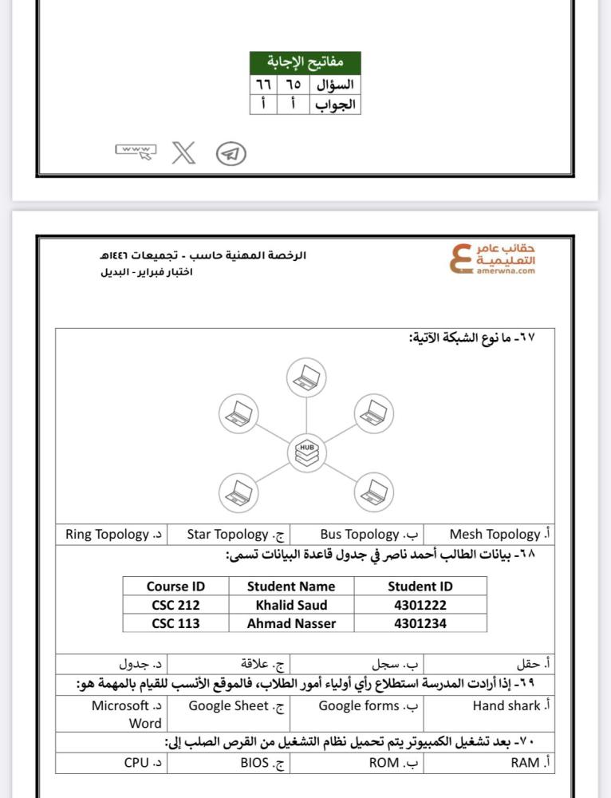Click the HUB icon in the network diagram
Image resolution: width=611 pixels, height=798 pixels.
[306, 452]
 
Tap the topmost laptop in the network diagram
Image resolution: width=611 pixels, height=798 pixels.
[306, 377]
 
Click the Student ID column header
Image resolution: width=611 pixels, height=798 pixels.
[420, 586]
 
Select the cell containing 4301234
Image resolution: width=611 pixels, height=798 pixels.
[420, 623]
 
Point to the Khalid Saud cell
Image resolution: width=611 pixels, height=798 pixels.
[291, 605]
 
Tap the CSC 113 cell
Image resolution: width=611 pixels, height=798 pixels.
[175, 623]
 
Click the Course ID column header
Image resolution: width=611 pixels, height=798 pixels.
[175, 586]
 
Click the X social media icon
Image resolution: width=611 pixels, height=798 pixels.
[183, 152]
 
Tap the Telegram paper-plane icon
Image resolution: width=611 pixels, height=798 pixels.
[231, 153]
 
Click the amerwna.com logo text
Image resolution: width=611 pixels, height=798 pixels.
[507, 271]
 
